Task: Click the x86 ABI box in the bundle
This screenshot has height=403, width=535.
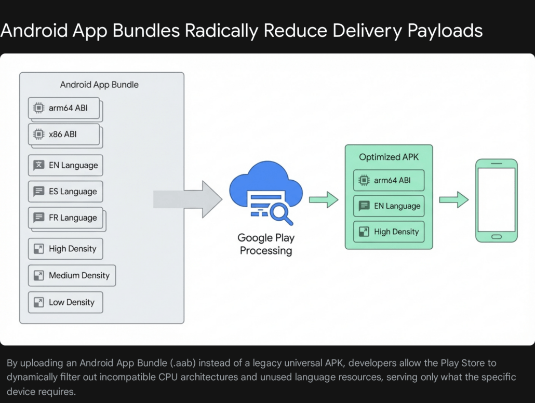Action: [64, 134]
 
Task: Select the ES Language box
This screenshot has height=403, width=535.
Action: [65, 191]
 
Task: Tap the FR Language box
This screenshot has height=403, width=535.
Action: [65, 218]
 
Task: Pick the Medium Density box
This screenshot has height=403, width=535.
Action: [72, 275]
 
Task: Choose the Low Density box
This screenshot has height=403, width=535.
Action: [65, 302]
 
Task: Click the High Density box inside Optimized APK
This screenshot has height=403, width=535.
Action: [389, 232]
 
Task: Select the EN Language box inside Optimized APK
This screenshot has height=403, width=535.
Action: [389, 206]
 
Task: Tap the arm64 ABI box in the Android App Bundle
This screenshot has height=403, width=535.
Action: [64, 108]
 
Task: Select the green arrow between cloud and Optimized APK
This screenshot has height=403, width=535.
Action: [324, 199]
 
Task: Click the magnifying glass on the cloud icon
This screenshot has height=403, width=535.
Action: [279, 212]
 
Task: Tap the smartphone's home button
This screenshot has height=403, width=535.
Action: [497, 236]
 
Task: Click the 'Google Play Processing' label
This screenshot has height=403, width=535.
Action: [266, 244]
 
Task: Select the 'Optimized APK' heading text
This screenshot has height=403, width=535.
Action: [389, 157]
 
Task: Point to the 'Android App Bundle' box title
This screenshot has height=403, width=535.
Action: [99, 84]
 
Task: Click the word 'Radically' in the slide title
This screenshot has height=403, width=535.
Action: [227, 31]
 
